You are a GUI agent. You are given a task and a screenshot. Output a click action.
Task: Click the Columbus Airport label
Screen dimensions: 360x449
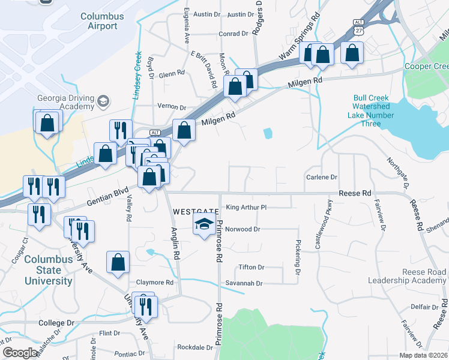[x=98, y=20]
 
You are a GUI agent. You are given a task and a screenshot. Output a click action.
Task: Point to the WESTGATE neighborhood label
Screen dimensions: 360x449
[x=194, y=212]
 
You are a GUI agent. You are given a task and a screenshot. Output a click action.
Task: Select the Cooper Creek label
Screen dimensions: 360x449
[x=427, y=66]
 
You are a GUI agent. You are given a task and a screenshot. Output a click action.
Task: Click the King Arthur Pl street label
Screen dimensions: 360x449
[x=246, y=208]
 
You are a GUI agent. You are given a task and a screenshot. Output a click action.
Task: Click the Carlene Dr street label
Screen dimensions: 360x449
[x=322, y=178]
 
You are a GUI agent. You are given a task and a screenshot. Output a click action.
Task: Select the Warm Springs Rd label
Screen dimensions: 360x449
[x=298, y=46]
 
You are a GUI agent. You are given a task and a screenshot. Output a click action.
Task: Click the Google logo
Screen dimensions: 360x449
[x=19, y=353]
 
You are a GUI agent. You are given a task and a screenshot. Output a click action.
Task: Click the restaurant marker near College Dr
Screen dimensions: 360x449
[x=145, y=306]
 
